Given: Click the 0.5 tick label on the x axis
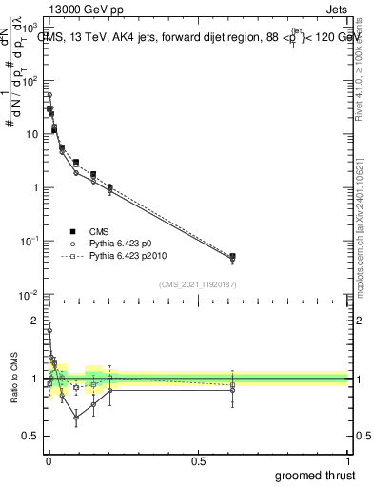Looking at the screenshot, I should (x=198, y=460).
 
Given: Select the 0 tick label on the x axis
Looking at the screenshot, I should (x=49, y=460).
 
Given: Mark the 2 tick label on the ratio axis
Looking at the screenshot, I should (x=35, y=321).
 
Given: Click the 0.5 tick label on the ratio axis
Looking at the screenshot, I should (x=31, y=437).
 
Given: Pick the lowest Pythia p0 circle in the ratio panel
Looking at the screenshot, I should (x=76, y=417).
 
